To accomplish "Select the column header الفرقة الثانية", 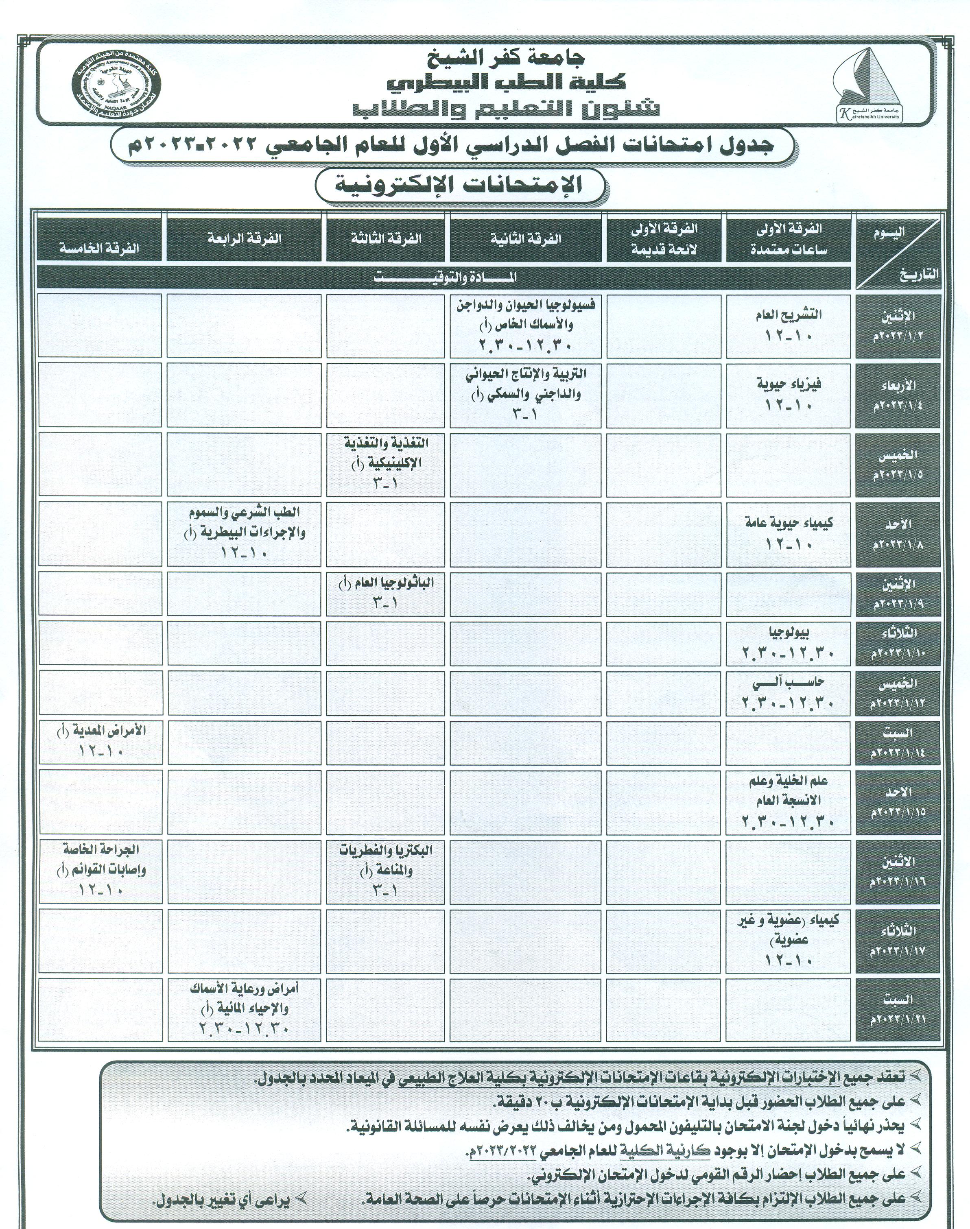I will point(525,238).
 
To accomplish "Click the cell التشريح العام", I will point(789,325).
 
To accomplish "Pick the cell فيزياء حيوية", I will point(789,395).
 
